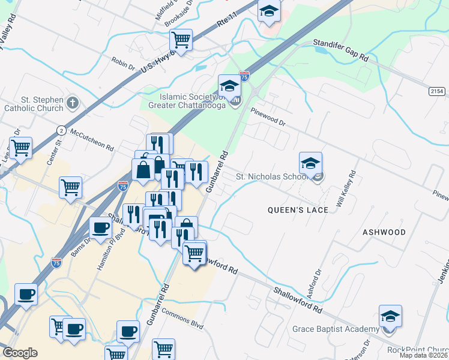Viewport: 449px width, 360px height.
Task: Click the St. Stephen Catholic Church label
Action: click(x=34, y=104)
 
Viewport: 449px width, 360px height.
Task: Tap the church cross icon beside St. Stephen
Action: click(x=73, y=102)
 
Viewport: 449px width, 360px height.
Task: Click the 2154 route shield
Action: click(x=437, y=91)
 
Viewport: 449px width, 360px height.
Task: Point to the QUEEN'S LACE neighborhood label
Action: click(x=298, y=210)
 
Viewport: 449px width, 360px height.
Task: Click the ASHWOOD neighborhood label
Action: click(x=384, y=232)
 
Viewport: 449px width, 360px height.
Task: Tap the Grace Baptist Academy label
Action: click(x=336, y=329)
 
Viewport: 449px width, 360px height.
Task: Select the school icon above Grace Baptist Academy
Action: click(x=390, y=316)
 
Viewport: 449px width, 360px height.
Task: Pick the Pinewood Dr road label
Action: click(x=268, y=116)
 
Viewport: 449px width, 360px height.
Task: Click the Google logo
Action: click(x=20, y=353)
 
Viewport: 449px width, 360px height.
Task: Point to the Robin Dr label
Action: click(x=123, y=63)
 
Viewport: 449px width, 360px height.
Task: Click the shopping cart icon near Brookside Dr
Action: click(x=181, y=40)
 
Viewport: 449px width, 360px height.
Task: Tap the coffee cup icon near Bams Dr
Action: click(x=100, y=228)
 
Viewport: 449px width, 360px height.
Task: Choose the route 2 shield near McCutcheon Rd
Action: click(x=61, y=130)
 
